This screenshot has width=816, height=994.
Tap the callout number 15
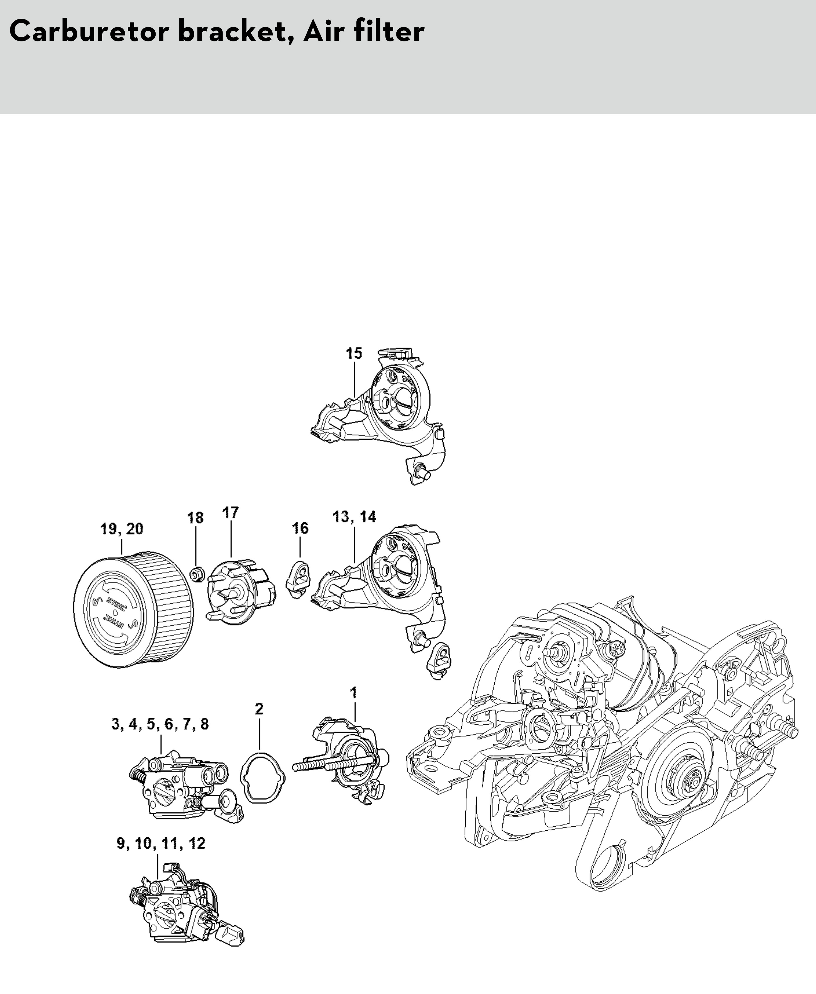[354, 353]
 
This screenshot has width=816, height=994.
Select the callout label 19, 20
[122, 529]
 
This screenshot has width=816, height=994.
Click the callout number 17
[230, 513]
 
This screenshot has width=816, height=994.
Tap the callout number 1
[354, 692]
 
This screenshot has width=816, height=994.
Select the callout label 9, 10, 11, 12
[161, 843]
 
